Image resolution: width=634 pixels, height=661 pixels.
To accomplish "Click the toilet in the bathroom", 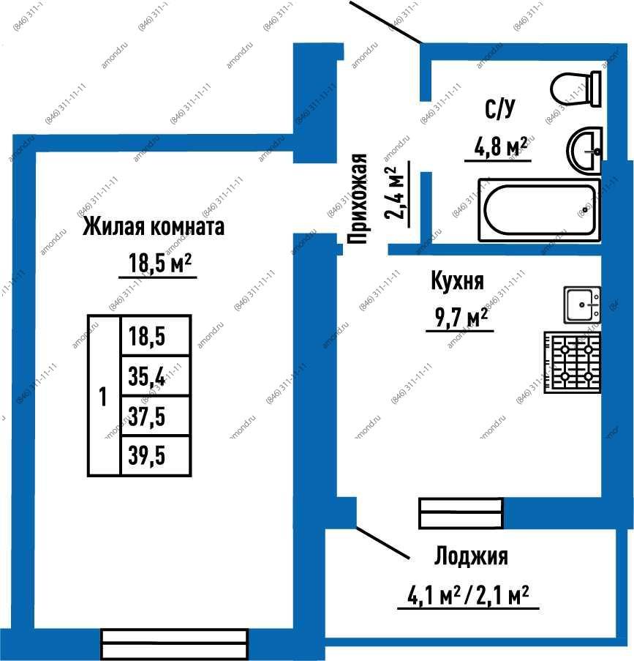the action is tap(575, 89).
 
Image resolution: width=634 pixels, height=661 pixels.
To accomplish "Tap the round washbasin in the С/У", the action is tap(584, 150).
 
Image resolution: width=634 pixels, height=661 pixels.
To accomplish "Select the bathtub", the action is tap(540, 210).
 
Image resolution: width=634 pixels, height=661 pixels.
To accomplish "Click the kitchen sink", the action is tap(582, 305).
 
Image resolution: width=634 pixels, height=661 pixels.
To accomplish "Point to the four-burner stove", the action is tap(573, 362).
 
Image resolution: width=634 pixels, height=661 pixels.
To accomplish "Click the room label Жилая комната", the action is tap(154, 226).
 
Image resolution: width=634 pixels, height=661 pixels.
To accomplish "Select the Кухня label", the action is tap(458, 281).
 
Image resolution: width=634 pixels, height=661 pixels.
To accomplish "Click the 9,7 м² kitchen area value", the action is tap(461, 318).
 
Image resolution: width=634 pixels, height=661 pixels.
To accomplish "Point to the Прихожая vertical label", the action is tap(358, 199).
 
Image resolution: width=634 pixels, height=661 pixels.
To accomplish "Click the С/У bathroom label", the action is tap(499, 109).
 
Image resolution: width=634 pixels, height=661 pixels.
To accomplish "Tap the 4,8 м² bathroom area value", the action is tap(501, 146).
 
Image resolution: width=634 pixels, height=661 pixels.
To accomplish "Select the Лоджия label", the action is tap(471, 556).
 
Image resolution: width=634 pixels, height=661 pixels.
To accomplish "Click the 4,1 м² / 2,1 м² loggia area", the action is tap(468, 596).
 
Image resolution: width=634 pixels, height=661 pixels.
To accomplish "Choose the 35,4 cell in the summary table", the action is tap(156, 376).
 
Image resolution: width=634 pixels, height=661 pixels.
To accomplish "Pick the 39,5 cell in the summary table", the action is tap(156, 456).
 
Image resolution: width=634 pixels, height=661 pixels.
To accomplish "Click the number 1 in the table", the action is tap(103, 397).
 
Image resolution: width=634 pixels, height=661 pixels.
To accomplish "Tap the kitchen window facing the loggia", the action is tap(461, 513).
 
